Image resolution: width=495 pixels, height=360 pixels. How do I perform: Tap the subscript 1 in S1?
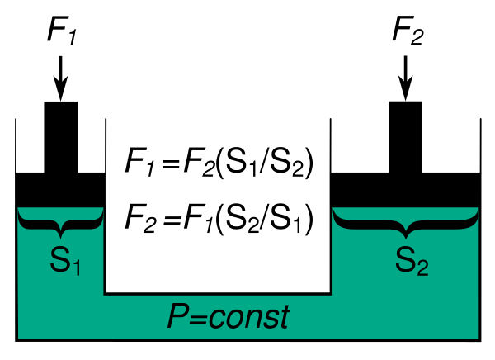pyautogui.click(x=76, y=268)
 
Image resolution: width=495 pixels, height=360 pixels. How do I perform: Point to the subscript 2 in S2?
pyautogui.click(x=422, y=268)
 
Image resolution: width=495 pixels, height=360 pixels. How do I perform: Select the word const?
pyautogui.click(x=249, y=317)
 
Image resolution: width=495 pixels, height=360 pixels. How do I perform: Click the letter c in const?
pyautogui.click(x=216, y=320)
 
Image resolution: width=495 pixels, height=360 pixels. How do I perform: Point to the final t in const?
pyautogui.click(x=284, y=317)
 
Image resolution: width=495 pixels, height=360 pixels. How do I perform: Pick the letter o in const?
pyautogui.click(x=233, y=320)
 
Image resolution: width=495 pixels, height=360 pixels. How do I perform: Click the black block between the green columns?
pyautogui.click(x=218, y=248)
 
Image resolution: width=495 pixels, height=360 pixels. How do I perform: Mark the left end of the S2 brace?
pyautogui.click(x=334, y=212)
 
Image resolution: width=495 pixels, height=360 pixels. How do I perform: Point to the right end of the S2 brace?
pyautogui.click(x=477, y=212)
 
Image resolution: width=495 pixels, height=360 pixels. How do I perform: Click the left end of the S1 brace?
pyautogui.click(x=20, y=212)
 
